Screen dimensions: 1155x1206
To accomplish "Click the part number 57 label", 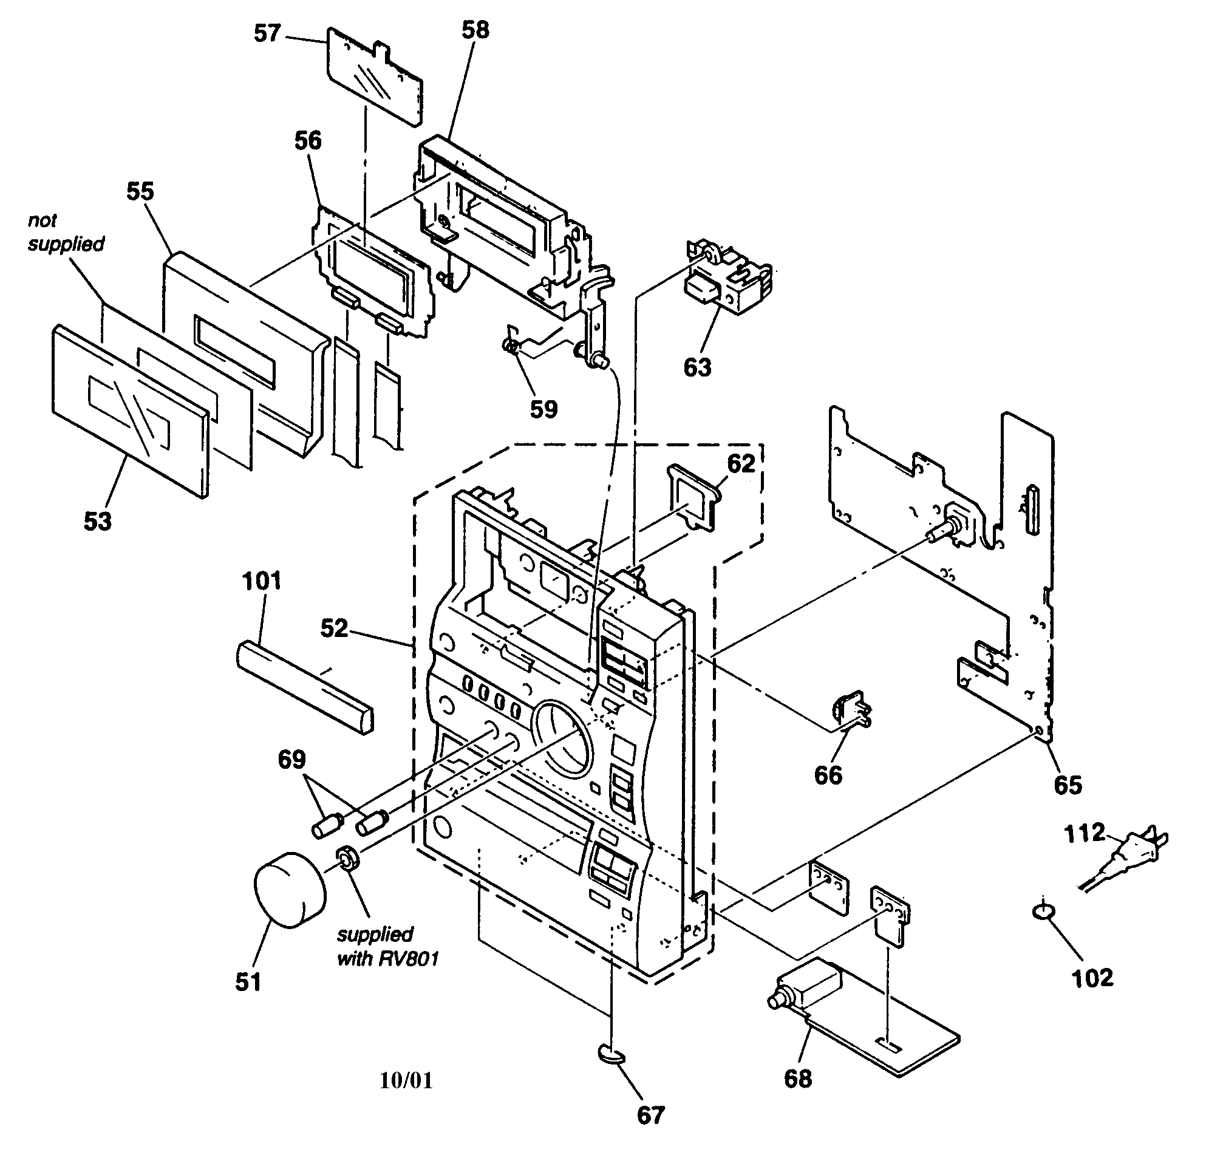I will (267, 33).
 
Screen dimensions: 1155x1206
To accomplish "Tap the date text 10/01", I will (406, 1080).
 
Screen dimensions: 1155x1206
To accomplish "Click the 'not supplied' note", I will (65, 233).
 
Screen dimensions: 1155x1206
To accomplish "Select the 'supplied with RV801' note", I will (386, 945).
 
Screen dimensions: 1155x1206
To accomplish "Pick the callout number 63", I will (697, 367).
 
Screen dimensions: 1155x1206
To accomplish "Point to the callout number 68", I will (797, 1078).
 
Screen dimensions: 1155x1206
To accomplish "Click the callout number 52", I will (334, 629).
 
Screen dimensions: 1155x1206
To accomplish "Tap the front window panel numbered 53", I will (129, 409).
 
